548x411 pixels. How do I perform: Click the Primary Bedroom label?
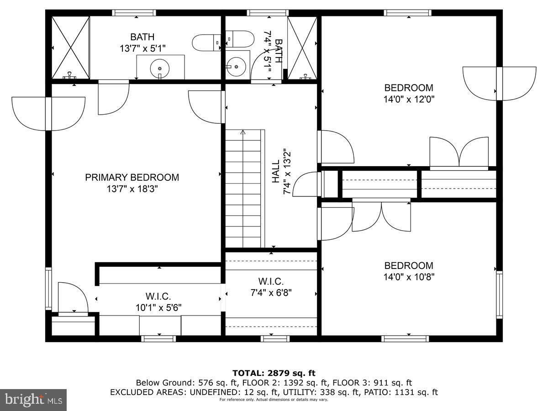point(132,177)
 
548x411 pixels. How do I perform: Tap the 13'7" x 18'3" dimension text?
point(132,189)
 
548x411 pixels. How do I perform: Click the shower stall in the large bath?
point(70,47)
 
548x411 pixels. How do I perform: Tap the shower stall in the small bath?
point(302,47)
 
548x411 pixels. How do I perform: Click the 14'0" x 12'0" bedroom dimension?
point(408,99)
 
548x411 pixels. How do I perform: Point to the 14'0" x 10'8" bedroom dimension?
point(408,276)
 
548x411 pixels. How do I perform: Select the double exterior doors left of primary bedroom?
point(48,113)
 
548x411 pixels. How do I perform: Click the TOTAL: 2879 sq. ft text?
point(274,373)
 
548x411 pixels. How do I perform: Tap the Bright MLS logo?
point(33,400)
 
